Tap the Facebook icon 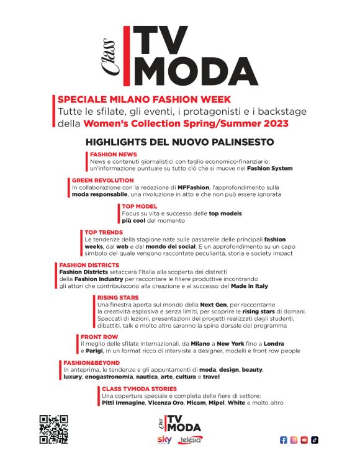click(284, 440)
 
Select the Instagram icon click(294, 440)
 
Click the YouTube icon click(304, 440)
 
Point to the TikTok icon click(315, 440)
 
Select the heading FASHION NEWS click(114, 155)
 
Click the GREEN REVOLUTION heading click(102, 180)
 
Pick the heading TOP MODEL click(140, 206)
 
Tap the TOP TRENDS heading click(104, 232)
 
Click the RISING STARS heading click(118, 298)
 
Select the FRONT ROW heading click(99, 337)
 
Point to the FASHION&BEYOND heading click(91, 362)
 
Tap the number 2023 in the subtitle click(272, 123)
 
